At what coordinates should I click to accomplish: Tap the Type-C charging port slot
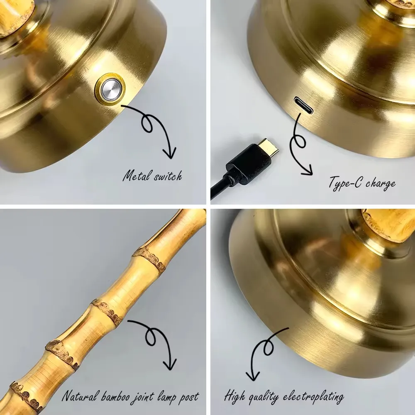pyautogui.click(x=303, y=105)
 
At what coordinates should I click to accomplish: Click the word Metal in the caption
pyautogui.click(x=137, y=176)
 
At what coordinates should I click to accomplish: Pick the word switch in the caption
pyautogui.click(x=168, y=176)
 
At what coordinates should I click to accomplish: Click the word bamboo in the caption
pyautogui.click(x=115, y=397)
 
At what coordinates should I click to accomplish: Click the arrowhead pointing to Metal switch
pyautogui.click(x=170, y=154)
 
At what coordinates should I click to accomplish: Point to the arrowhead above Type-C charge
pyautogui.click(x=307, y=171)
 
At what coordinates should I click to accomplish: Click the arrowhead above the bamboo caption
pyautogui.click(x=170, y=365)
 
